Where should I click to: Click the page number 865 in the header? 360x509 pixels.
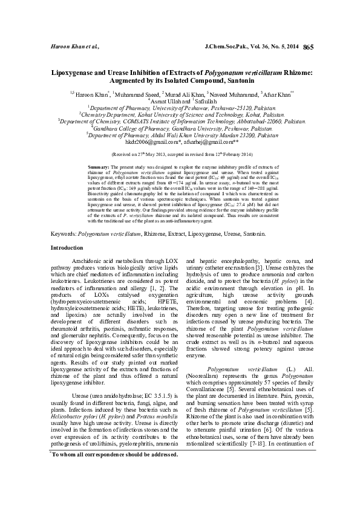(307, 47)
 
